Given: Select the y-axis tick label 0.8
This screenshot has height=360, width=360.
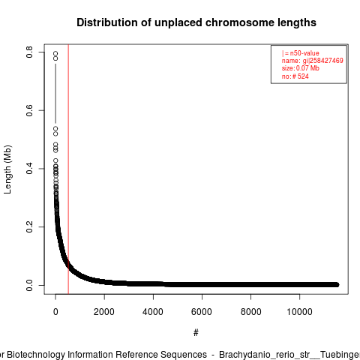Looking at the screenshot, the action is pyautogui.click(x=29, y=52).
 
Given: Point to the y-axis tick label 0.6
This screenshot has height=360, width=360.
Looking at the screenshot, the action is pyautogui.click(x=29, y=110).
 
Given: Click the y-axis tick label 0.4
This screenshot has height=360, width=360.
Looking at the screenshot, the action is pyautogui.click(x=29, y=169).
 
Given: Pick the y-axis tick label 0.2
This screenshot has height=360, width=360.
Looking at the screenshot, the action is pyautogui.click(x=29, y=226).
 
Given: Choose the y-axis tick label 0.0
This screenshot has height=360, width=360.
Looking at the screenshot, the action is pyautogui.click(x=29, y=285).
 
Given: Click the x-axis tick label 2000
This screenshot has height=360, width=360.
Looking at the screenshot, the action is pyautogui.click(x=104, y=312).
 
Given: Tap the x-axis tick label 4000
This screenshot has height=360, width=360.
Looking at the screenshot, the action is pyautogui.click(x=153, y=312).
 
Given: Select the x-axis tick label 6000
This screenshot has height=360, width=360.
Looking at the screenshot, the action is pyautogui.click(x=202, y=312).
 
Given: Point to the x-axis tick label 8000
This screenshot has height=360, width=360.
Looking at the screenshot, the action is pyautogui.click(x=250, y=312).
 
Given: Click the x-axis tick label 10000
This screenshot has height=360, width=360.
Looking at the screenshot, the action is pyautogui.click(x=299, y=312).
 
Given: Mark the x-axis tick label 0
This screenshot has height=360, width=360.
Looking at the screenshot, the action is pyautogui.click(x=55, y=312).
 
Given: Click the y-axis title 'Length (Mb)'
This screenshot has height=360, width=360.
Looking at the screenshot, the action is pyautogui.click(x=7, y=169).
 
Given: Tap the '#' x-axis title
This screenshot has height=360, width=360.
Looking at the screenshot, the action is pyautogui.click(x=196, y=333).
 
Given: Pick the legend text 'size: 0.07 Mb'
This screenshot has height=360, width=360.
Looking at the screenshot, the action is pyautogui.click(x=301, y=68).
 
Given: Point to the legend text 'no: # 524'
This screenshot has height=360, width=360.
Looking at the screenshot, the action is pyautogui.click(x=295, y=76).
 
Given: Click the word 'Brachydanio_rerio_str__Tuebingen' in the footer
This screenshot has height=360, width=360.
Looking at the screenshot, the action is pyautogui.click(x=289, y=355).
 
